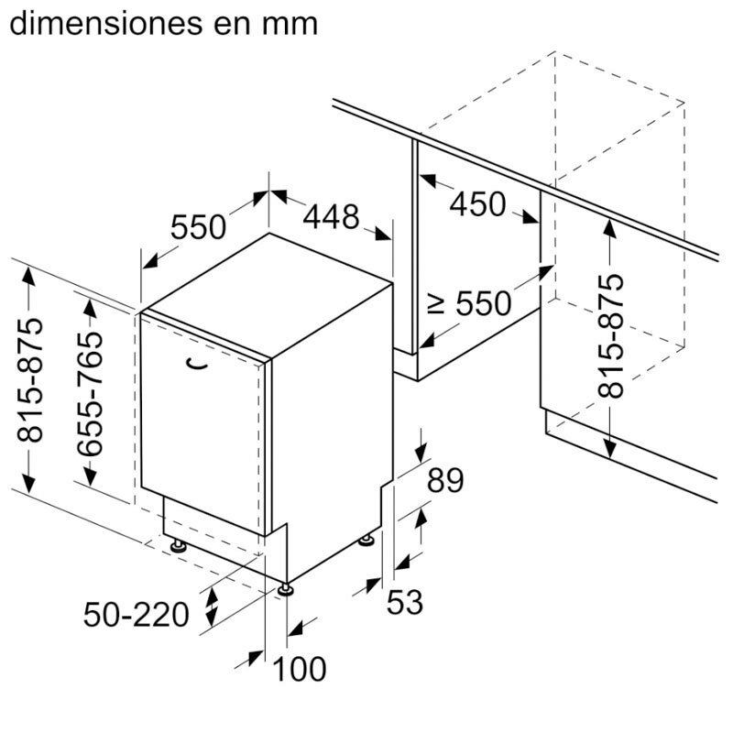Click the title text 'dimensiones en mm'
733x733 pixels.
point(163,23)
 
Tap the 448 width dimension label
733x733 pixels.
point(331,217)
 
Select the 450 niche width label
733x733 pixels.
point(477,203)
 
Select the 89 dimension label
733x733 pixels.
point(445,480)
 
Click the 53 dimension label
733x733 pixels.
point(404,602)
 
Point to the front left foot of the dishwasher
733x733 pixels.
point(177,546)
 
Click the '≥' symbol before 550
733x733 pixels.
point(437,302)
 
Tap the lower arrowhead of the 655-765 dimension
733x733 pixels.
point(90,475)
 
